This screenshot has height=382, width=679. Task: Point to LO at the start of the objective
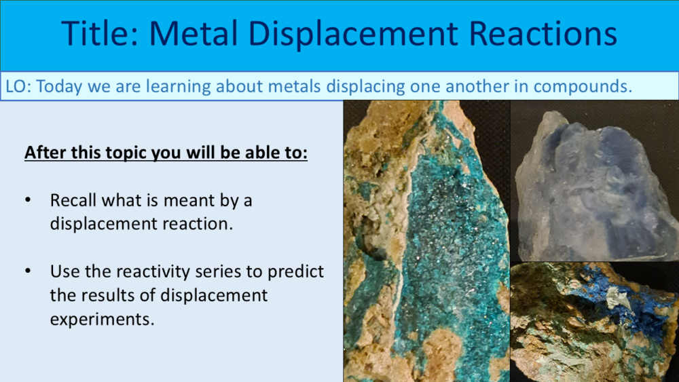tap(16, 86)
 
